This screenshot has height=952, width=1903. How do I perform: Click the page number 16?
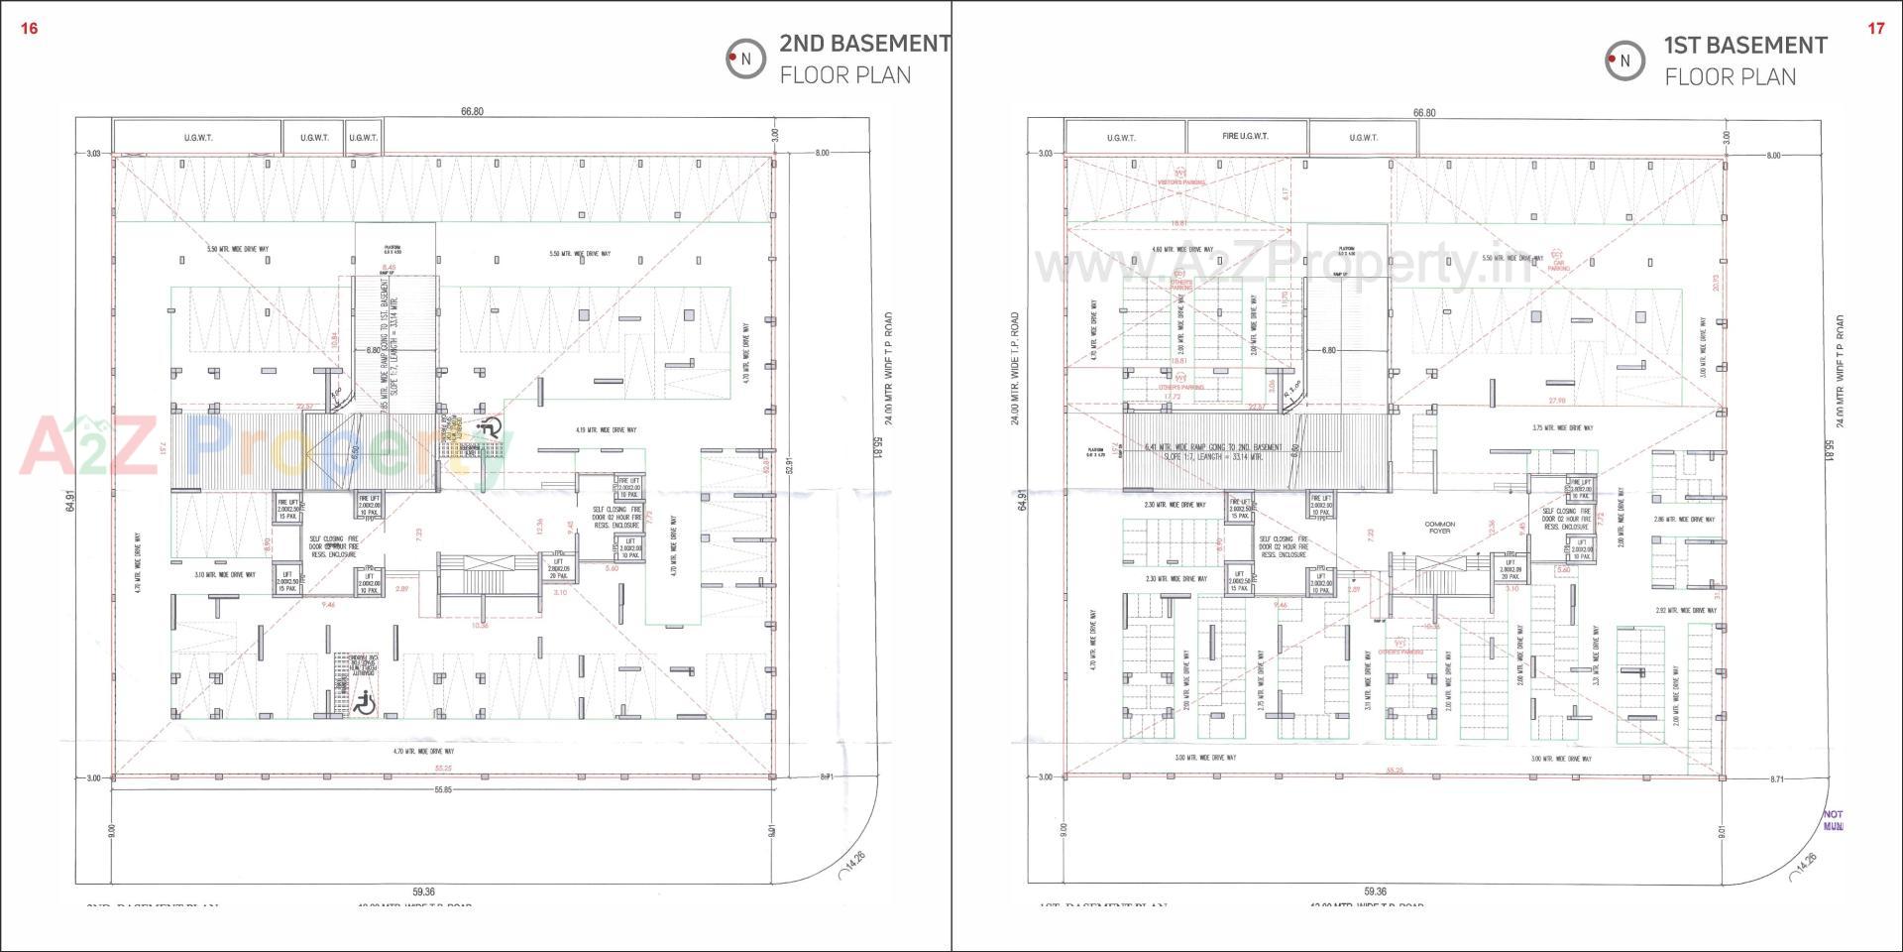point(29,29)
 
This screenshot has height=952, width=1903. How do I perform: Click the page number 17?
point(1875,29)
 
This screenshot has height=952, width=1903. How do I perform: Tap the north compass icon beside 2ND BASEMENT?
point(744,59)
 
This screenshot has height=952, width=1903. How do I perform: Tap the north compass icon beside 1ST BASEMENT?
point(1624,60)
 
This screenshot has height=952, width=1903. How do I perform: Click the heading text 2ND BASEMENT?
point(864,44)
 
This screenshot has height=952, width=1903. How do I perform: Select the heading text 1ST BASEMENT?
point(1744,46)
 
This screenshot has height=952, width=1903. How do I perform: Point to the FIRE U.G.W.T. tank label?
point(1246,136)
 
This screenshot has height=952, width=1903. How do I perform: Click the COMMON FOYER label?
point(1439,528)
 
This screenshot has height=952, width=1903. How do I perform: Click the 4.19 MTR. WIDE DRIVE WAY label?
point(606,430)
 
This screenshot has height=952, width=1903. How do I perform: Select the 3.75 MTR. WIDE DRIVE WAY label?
point(1562,428)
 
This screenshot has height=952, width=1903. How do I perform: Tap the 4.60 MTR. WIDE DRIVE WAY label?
point(1182,250)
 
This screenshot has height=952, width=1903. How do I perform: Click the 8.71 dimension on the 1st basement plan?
point(1776,779)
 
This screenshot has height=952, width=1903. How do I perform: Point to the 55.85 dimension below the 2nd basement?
point(442,790)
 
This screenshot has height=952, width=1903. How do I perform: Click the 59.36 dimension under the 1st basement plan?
point(1374,892)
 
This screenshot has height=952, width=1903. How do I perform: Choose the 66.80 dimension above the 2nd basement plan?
point(472,111)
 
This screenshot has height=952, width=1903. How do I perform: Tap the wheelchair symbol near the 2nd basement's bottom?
point(364,703)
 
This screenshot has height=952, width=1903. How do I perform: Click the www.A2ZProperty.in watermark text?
point(1284,266)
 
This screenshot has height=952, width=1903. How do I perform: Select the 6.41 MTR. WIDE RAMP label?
point(1213,448)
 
